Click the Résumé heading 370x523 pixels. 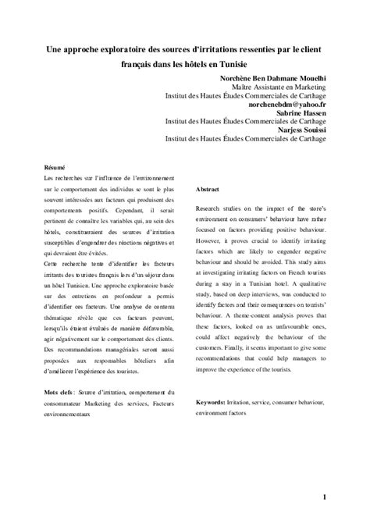(55, 169)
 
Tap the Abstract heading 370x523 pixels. (208, 190)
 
